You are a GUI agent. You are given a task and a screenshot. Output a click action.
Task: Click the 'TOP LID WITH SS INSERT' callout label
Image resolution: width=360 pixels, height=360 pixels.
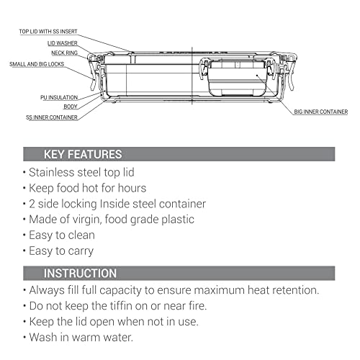tap(48, 32)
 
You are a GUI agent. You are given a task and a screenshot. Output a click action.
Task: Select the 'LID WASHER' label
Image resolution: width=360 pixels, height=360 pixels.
tap(63, 43)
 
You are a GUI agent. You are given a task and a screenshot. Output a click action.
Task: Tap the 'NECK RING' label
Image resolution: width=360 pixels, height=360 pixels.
tap(65, 53)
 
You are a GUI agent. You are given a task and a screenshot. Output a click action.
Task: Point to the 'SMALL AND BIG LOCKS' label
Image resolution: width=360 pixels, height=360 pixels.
tap(37, 64)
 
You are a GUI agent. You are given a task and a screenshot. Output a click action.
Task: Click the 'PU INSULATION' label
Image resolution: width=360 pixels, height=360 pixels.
tap(59, 97)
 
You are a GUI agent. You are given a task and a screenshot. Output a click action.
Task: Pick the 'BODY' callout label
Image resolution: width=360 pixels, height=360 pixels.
tap(71, 107)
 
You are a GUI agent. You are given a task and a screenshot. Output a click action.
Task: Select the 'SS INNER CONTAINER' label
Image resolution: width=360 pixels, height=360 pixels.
tap(52, 117)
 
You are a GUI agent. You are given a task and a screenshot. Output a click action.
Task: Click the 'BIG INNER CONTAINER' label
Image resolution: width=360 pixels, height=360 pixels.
tap(321, 112)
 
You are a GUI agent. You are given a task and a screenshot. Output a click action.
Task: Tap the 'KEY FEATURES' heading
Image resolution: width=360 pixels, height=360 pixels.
tap(83, 154)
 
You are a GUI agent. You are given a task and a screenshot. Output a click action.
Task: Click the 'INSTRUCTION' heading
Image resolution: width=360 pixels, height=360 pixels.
tap(80, 273)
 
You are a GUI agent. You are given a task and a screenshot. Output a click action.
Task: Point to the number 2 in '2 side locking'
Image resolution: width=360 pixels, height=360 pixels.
tap(32, 204)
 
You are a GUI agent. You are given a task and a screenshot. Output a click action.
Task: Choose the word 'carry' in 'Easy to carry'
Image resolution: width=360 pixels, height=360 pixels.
tap(81, 251)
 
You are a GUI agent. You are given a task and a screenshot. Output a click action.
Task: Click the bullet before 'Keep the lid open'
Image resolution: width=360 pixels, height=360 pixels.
tap(24, 321)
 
